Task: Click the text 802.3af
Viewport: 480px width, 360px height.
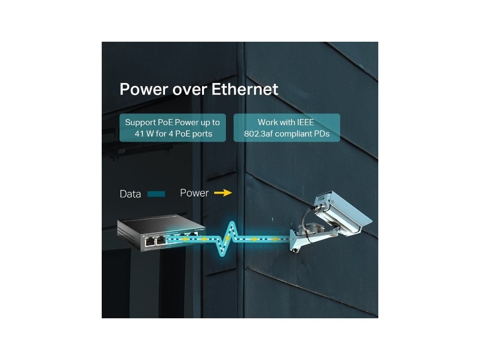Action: click(x=260, y=134)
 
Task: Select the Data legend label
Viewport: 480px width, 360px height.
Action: click(x=130, y=194)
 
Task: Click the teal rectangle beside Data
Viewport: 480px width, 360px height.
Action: click(x=156, y=194)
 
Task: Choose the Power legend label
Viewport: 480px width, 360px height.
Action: click(x=194, y=193)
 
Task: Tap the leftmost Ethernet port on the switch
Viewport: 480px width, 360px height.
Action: click(x=150, y=241)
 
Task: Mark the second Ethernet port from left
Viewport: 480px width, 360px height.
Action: click(x=160, y=241)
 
